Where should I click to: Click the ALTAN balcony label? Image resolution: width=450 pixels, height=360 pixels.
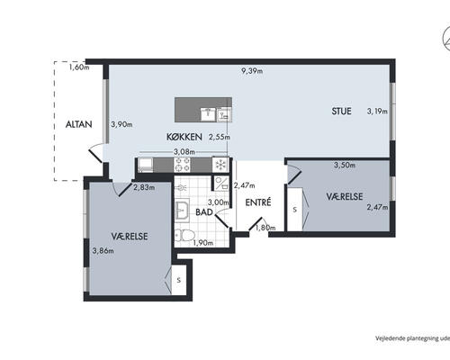pyautogui.click(x=78, y=124)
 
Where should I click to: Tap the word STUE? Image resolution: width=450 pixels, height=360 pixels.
pyautogui.click(x=341, y=112)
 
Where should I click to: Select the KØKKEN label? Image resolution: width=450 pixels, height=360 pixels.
pyautogui.click(x=184, y=137)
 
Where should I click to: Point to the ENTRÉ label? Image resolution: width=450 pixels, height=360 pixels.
pyautogui.click(x=258, y=202)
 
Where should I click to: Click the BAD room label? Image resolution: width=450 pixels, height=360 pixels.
pyautogui.click(x=204, y=212)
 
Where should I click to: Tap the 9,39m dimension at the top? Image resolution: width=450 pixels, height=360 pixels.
pyautogui.click(x=252, y=71)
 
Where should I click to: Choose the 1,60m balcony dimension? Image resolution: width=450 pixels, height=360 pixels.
pyautogui.click(x=79, y=67)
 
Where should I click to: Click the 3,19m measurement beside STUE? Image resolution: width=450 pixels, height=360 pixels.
pyautogui.click(x=377, y=112)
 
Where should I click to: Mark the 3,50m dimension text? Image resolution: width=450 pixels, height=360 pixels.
pyautogui.click(x=345, y=165)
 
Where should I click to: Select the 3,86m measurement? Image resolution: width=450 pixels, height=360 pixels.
pyautogui.click(x=103, y=250)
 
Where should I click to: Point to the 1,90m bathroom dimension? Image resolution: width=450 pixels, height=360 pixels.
pyautogui.click(x=203, y=243)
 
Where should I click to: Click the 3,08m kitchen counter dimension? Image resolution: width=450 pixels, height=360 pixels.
pyautogui.click(x=184, y=152)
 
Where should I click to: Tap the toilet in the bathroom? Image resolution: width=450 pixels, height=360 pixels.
pyautogui.click(x=184, y=236)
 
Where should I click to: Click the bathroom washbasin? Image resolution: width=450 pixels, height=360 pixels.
pyautogui.click(x=182, y=210)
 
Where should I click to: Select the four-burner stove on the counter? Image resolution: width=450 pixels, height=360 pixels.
pyautogui.click(x=183, y=165)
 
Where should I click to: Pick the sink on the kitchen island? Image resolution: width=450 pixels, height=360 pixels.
pyautogui.click(x=208, y=114)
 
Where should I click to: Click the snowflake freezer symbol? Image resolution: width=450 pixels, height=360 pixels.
pyautogui.click(x=220, y=165)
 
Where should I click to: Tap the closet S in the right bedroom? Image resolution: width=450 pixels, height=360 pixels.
pyautogui.click(x=294, y=210)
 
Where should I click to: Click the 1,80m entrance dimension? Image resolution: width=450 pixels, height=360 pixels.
pyautogui.click(x=265, y=228)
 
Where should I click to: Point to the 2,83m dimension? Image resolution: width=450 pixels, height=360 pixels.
pyautogui.click(x=144, y=188)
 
